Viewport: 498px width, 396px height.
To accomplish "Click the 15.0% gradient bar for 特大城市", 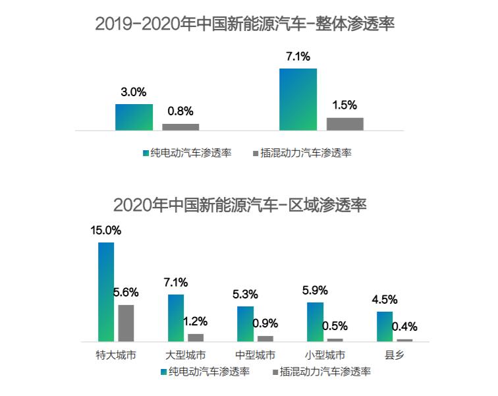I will tap(106, 292).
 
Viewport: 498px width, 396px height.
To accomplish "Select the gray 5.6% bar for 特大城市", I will tap(126, 323).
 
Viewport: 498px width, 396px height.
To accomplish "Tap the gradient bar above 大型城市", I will tap(176, 318).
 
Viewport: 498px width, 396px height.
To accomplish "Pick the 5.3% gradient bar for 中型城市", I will tap(245, 324).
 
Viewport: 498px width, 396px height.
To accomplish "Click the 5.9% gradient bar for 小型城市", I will tap(316, 322).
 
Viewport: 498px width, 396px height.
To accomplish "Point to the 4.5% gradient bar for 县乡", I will tap(385, 326).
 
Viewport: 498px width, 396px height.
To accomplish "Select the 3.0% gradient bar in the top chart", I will tap(134, 117).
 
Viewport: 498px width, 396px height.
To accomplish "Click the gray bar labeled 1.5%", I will tap(345, 124).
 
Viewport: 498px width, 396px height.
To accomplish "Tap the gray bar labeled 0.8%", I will tap(180, 127).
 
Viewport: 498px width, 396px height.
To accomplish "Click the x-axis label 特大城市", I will tap(116, 355).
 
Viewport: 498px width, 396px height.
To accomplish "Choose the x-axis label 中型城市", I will tap(254, 355).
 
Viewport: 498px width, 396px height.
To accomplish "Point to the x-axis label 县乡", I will tap(395, 355).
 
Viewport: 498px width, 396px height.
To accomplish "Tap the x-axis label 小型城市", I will tap(325, 355).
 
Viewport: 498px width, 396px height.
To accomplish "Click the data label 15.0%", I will tap(106, 231).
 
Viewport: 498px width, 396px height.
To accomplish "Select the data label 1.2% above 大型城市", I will tap(195, 322).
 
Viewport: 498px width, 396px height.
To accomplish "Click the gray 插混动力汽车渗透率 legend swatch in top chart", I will tap(256, 153).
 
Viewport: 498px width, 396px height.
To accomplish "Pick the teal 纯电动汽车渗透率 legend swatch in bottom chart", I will tap(163, 372).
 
